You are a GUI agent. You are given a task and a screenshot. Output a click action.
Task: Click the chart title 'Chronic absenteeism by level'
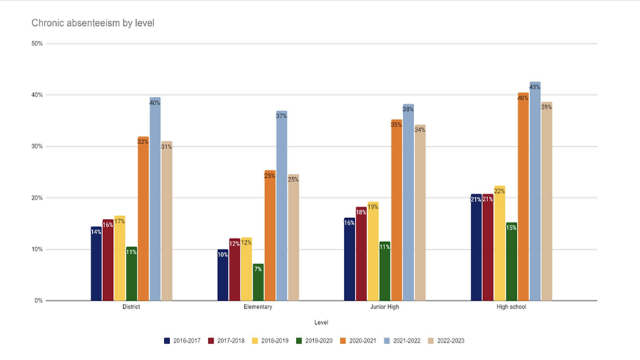(93, 23)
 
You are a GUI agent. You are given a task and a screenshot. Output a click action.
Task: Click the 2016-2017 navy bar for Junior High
(349, 259)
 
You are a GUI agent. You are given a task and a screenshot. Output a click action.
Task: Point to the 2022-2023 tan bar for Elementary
(293, 238)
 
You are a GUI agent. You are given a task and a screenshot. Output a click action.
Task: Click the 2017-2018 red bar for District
(108, 260)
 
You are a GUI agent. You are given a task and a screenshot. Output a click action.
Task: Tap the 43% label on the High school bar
(535, 87)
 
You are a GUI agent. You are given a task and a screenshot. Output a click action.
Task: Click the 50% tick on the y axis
(35, 44)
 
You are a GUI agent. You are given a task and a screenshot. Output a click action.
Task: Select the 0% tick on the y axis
(37, 301)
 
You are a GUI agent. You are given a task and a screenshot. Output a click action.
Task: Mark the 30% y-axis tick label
(35, 147)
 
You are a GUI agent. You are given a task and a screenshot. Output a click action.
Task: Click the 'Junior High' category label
(384, 307)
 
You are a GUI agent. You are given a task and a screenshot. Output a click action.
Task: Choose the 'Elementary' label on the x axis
(258, 307)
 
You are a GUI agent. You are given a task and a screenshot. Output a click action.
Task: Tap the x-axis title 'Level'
(323, 323)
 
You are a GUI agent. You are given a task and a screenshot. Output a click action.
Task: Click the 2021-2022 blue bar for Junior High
(408, 202)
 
